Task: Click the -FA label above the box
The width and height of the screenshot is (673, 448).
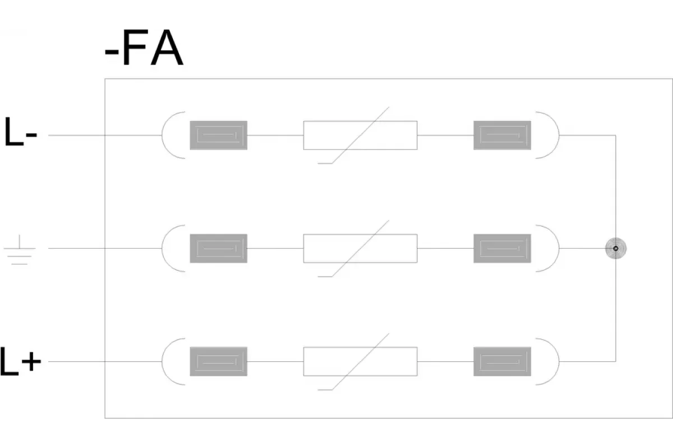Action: [x=144, y=48]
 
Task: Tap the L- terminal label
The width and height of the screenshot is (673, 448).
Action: [x=20, y=132]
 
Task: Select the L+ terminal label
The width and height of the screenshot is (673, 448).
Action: [x=20, y=361]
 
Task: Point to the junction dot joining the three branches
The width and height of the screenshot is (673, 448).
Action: [x=616, y=249]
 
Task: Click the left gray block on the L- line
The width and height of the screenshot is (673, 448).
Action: [x=218, y=136]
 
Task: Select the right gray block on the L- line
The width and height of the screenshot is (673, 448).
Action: [x=502, y=136]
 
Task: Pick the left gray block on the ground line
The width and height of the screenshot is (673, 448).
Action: [x=218, y=249]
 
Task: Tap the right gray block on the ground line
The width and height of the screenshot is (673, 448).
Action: [x=502, y=249]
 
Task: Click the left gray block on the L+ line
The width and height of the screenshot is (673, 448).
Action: [x=218, y=362]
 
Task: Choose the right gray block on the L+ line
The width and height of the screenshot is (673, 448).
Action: [x=502, y=362]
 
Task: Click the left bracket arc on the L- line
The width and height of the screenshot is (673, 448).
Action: [x=162, y=136]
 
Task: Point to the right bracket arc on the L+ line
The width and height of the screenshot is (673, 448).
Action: [x=559, y=362]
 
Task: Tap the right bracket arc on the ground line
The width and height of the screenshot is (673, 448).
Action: [x=559, y=249]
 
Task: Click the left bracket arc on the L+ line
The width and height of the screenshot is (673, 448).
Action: [x=162, y=362]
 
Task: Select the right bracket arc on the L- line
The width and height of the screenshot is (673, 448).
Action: [x=559, y=136]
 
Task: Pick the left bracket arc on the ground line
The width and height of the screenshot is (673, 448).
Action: [x=162, y=249]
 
